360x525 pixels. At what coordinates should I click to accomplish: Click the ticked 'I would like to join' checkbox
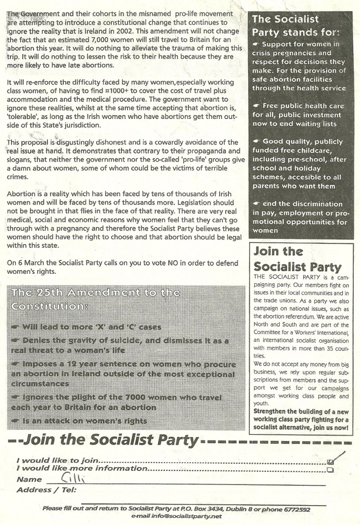[331, 461]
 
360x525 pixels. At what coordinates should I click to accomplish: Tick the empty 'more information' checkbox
[331, 470]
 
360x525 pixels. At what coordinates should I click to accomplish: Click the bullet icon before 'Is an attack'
[15, 421]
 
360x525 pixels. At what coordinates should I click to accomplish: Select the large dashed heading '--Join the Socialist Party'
[104, 440]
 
